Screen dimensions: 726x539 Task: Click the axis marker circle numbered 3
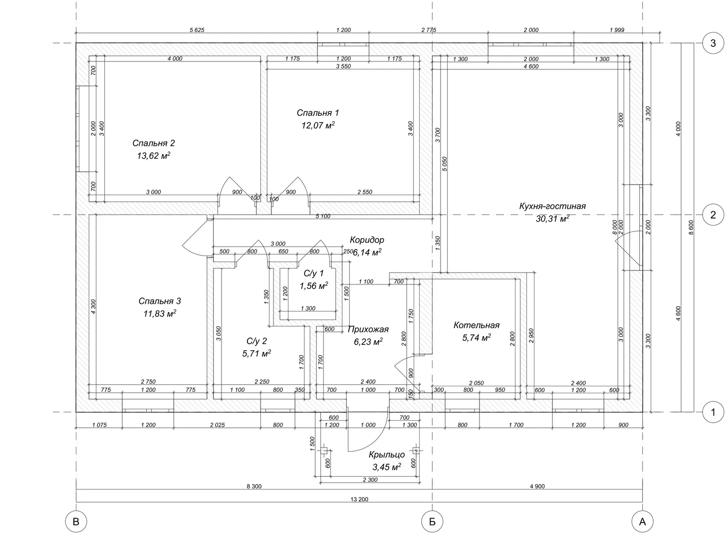(713, 43)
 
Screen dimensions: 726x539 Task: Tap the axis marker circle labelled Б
(432, 522)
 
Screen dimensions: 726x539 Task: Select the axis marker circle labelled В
(76, 522)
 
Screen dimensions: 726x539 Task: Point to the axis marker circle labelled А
(642, 522)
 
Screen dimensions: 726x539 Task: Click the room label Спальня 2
(154, 143)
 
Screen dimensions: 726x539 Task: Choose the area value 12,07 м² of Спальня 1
(318, 125)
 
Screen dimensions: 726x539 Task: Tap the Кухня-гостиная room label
(552, 206)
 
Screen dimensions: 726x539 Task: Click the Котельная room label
(476, 325)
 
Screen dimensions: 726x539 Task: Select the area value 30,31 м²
(552, 219)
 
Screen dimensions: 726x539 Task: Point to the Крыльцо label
(387, 455)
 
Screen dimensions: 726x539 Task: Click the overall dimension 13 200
(359, 500)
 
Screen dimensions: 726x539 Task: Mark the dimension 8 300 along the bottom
(254, 487)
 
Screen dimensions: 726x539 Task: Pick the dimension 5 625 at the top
(197, 30)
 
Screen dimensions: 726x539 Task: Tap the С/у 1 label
(313, 273)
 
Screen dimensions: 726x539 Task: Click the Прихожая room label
(368, 329)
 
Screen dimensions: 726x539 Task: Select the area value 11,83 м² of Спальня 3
(160, 313)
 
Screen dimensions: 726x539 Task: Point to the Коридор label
(367, 240)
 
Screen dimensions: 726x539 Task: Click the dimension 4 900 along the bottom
(537, 487)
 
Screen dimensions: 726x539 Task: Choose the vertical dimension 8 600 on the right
(691, 227)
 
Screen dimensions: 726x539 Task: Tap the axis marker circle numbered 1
(713, 412)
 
